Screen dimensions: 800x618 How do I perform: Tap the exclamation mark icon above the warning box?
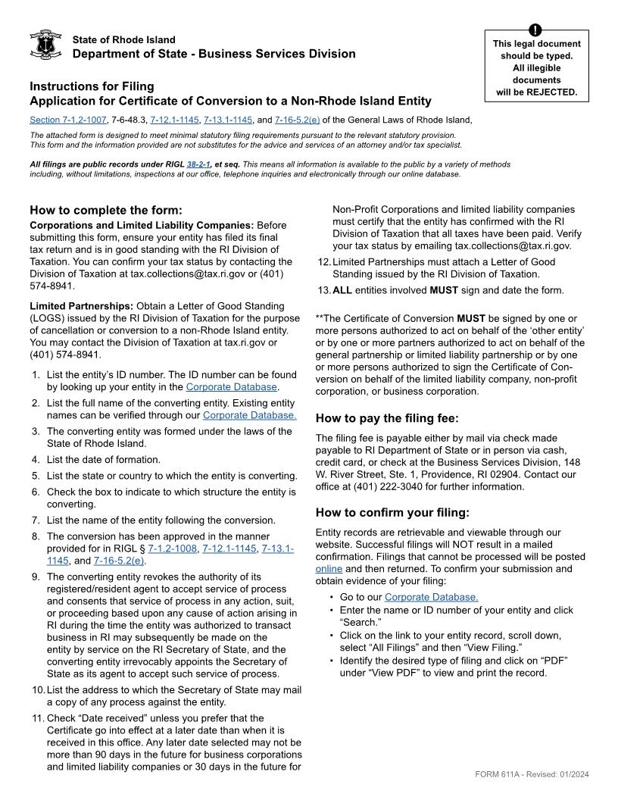(536, 30)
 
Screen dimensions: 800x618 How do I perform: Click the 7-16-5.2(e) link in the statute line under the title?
(297, 120)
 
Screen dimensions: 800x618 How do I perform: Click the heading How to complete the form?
(106, 210)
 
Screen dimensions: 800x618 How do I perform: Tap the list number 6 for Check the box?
(35, 492)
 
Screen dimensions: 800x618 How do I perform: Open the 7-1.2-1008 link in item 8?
(173, 548)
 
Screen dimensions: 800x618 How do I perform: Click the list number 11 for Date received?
(36, 717)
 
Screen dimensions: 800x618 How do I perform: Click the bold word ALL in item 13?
(343, 290)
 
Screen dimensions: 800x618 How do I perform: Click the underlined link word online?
(329, 568)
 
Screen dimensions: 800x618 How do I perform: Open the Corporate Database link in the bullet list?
(431, 597)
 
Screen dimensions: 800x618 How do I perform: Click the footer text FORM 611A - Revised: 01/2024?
(532, 773)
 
